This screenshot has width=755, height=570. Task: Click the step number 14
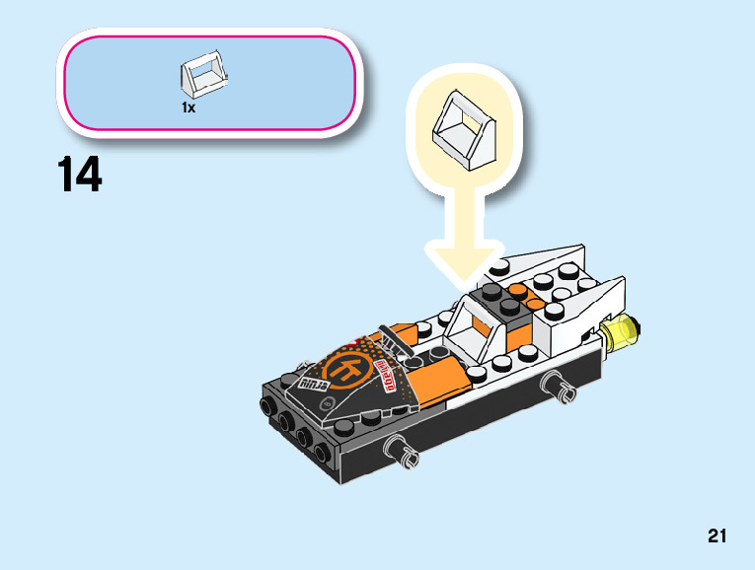click(80, 176)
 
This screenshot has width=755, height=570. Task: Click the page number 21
click(717, 536)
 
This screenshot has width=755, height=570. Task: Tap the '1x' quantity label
click(189, 107)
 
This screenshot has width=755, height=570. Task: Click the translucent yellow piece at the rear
click(623, 332)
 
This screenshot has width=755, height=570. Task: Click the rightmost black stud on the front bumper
click(322, 455)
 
